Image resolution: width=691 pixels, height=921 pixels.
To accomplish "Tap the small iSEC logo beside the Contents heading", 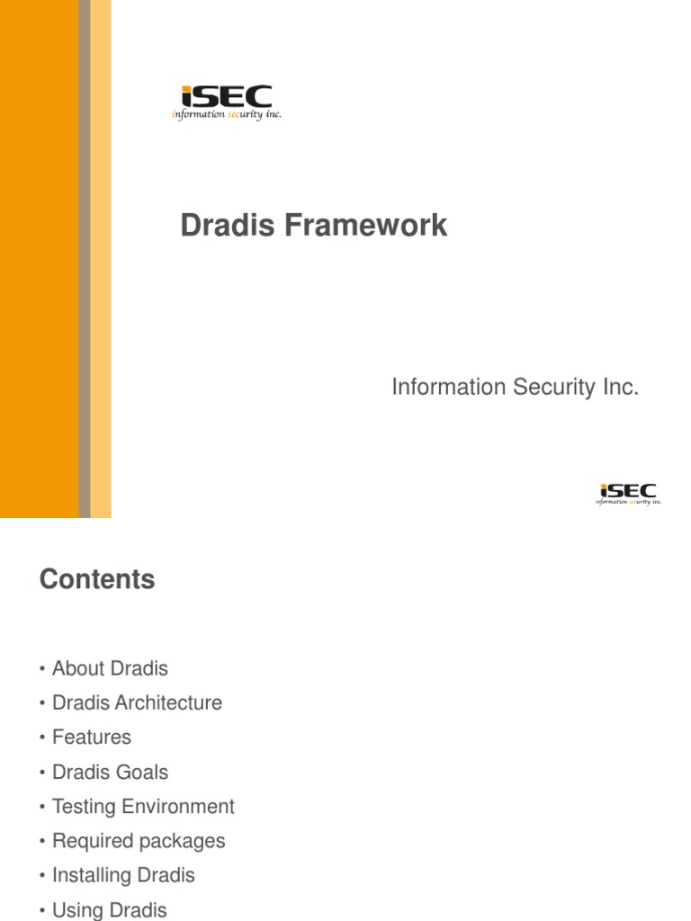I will click(x=628, y=494).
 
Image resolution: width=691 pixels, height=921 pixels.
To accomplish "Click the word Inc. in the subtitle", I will click(x=619, y=388).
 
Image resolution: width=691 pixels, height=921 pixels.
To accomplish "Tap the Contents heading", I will click(x=97, y=579).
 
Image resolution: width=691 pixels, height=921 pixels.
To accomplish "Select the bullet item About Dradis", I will click(x=110, y=668).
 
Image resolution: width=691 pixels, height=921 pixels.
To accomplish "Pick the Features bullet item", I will click(x=91, y=738).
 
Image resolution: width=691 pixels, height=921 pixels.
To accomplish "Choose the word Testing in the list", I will click(x=86, y=806).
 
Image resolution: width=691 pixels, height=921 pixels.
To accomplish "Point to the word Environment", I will click(x=180, y=806).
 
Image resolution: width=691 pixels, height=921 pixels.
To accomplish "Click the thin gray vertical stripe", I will click(x=85, y=259).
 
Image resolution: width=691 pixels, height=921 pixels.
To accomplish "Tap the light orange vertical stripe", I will click(x=101, y=259).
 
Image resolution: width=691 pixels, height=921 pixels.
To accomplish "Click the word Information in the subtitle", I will click(x=448, y=388).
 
